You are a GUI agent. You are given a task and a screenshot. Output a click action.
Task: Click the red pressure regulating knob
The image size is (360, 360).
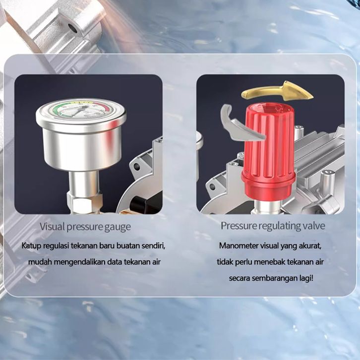[x=268, y=152]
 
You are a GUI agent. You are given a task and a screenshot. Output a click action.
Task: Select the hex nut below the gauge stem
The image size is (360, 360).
[x=84, y=203]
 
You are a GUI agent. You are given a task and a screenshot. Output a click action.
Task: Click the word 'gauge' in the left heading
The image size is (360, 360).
[x=118, y=227]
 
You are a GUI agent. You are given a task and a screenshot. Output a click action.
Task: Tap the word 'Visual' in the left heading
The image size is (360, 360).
[x=52, y=227]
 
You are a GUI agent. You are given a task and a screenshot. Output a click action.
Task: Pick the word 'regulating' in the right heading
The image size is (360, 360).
[x=278, y=226]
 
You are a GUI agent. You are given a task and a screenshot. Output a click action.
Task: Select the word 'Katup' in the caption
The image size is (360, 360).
[x=31, y=246]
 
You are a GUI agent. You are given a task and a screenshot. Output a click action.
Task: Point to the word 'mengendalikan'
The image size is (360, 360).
[x=80, y=262]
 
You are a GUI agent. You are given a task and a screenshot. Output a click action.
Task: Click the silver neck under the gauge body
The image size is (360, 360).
[x=84, y=182]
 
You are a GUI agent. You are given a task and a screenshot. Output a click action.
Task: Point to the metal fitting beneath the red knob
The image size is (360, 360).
[x=267, y=207]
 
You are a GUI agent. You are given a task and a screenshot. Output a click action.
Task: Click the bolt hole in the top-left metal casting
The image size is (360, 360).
[x=72, y=28]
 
